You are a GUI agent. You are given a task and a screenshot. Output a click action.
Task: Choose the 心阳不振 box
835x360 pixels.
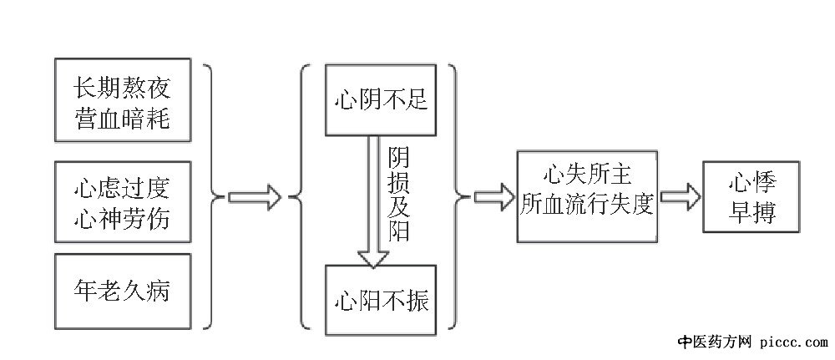380,299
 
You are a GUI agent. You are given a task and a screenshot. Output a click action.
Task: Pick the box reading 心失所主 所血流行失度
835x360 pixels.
585,198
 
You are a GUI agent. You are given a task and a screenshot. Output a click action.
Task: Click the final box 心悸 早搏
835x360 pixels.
751,198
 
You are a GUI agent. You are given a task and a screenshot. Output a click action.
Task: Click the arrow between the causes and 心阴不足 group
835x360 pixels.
255,197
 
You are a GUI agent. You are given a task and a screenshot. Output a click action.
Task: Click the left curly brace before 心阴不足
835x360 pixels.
299,197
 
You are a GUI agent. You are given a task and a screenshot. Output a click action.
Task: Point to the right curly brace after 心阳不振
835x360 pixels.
458,197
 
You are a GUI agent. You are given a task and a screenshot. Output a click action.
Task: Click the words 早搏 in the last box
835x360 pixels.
751,214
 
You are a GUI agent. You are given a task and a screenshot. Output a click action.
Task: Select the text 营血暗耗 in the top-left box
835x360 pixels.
122,119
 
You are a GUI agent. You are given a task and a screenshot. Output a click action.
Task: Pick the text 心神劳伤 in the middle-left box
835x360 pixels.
122,219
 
